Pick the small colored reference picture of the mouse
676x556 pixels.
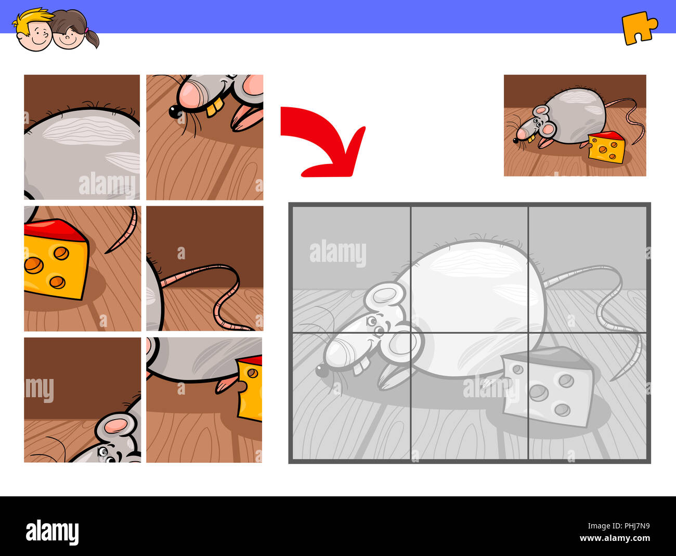575,125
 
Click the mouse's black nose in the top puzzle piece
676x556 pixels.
173,110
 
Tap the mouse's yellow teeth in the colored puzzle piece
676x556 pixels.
214,108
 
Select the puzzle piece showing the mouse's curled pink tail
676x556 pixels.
204,268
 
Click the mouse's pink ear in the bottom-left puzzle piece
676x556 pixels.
116,425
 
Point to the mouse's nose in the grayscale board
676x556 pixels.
321,370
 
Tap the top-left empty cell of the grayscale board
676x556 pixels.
352,269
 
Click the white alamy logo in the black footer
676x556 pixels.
52,532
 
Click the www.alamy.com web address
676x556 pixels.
615,538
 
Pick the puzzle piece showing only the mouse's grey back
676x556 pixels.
82,137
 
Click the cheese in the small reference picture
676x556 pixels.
607,147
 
